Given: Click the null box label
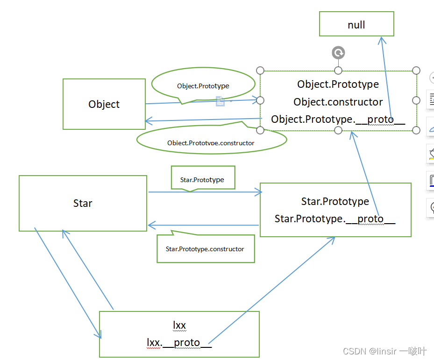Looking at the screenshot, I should [x=356, y=25].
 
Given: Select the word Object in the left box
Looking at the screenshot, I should [x=104, y=104].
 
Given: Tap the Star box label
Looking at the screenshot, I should [x=83, y=203].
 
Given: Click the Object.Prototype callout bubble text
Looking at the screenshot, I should [x=203, y=86].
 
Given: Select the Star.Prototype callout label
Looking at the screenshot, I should [x=202, y=180].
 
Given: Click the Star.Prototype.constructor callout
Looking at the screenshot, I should [x=205, y=249].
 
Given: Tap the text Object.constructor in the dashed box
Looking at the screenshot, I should [x=338, y=102].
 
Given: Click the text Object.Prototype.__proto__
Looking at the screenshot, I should [x=338, y=119].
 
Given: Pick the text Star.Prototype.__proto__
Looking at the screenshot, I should [x=335, y=219].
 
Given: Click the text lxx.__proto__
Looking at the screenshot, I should [x=179, y=342].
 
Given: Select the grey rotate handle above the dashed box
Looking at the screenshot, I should [x=338, y=53].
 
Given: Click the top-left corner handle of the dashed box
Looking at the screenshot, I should [x=261, y=71].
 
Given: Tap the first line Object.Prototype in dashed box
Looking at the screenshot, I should [x=338, y=85].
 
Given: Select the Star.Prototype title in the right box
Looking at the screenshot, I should [x=335, y=201].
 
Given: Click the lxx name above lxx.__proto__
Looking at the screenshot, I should [x=179, y=325].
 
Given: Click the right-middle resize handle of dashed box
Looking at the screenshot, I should [x=416, y=100].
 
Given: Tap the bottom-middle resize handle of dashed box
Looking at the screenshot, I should [x=338, y=130].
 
